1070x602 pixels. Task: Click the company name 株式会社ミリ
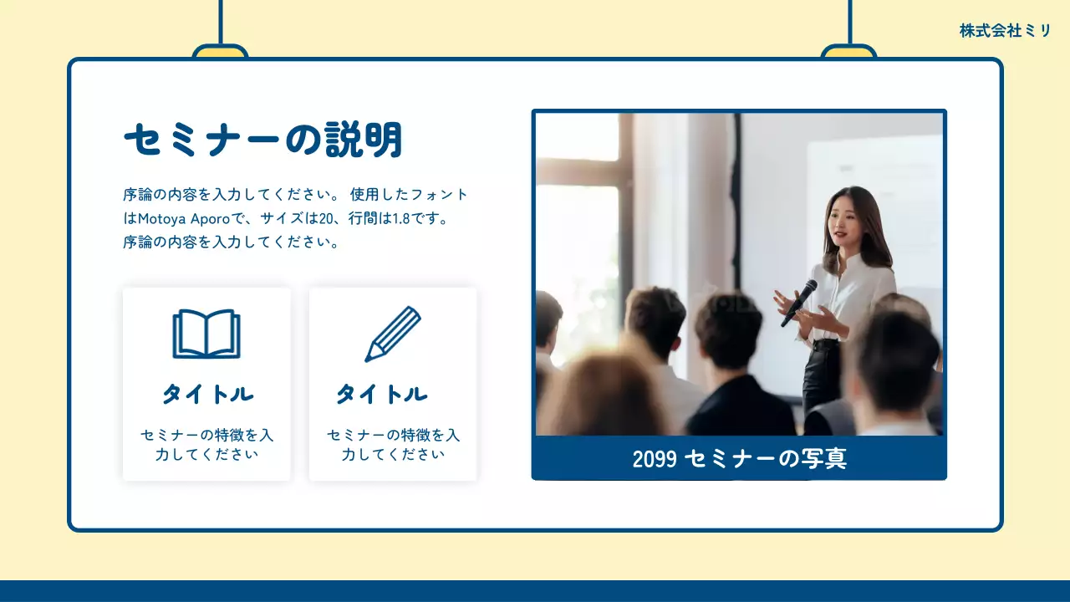(x=1005, y=31)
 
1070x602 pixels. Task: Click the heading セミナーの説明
(x=263, y=140)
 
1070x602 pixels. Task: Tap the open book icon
(x=206, y=334)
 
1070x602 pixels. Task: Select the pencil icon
(x=392, y=334)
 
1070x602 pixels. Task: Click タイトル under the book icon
(x=207, y=394)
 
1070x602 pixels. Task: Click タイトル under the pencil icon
(x=382, y=394)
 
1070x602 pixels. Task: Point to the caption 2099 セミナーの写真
(x=739, y=459)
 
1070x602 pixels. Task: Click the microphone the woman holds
(x=798, y=303)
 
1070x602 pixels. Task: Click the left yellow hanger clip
(x=220, y=52)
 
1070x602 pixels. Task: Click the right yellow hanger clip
(x=848, y=52)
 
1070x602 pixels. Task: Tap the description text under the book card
(x=206, y=445)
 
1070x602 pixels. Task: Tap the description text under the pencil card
(x=393, y=445)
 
